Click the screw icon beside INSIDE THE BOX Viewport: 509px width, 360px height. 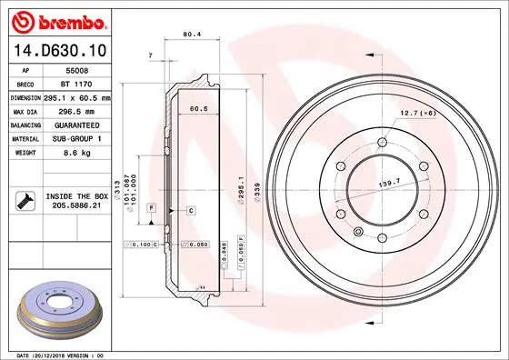coord(27,199)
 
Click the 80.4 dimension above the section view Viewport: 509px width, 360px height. coord(192,35)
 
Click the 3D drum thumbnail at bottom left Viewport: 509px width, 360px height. coord(59,310)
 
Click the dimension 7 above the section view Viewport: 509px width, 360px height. coord(149,56)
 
